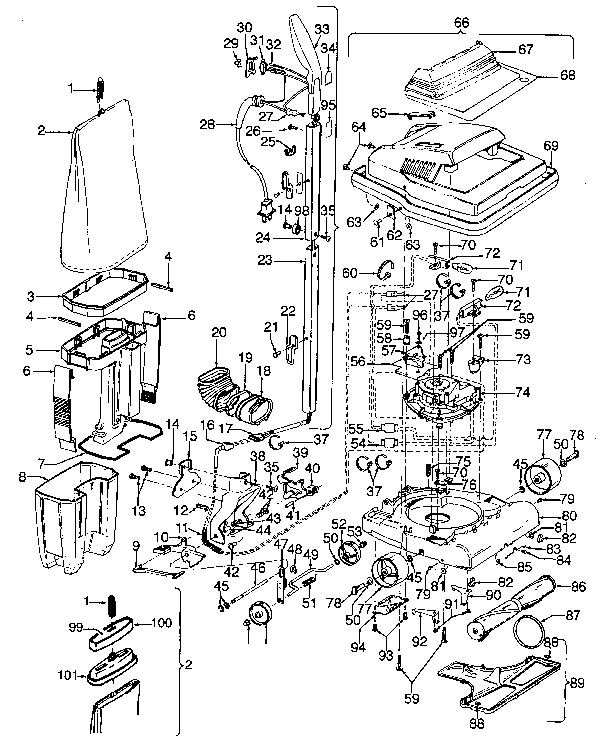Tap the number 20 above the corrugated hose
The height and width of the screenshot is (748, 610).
pyautogui.click(x=219, y=332)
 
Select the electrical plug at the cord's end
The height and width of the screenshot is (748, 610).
pyautogui.click(x=266, y=210)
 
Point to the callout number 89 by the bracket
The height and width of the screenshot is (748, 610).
pyautogui.click(x=576, y=683)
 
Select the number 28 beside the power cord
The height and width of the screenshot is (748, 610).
pyautogui.click(x=207, y=124)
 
